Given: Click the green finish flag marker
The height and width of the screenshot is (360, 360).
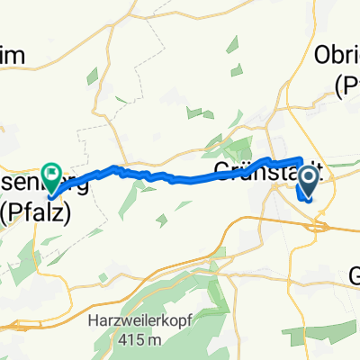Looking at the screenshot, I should coord(50,168).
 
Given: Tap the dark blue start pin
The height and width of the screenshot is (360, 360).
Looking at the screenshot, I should coord(307,185).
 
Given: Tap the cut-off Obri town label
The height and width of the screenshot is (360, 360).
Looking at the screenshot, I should coord(337,56).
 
